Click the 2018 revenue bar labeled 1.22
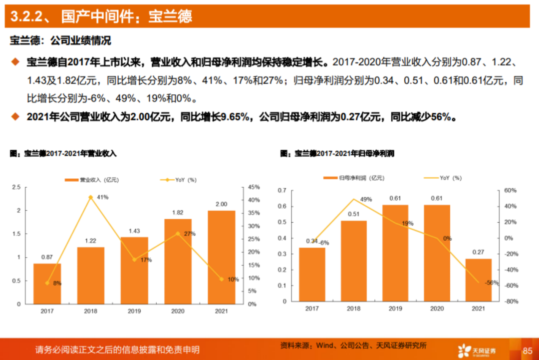click(91, 275)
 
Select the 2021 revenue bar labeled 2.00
click(221, 257)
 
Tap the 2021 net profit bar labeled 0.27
click(479, 280)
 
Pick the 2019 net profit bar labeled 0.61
click(395, 253)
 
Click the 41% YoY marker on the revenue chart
click(90, 197)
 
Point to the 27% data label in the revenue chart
click(189, 234)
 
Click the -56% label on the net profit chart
click(492, 283)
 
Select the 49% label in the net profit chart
click(366, 199)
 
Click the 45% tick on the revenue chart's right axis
click(254, 187)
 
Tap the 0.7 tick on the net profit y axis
click(282, 190)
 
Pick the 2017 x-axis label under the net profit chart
click(312, 309)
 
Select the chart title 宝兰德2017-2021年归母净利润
click(344, 154)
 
